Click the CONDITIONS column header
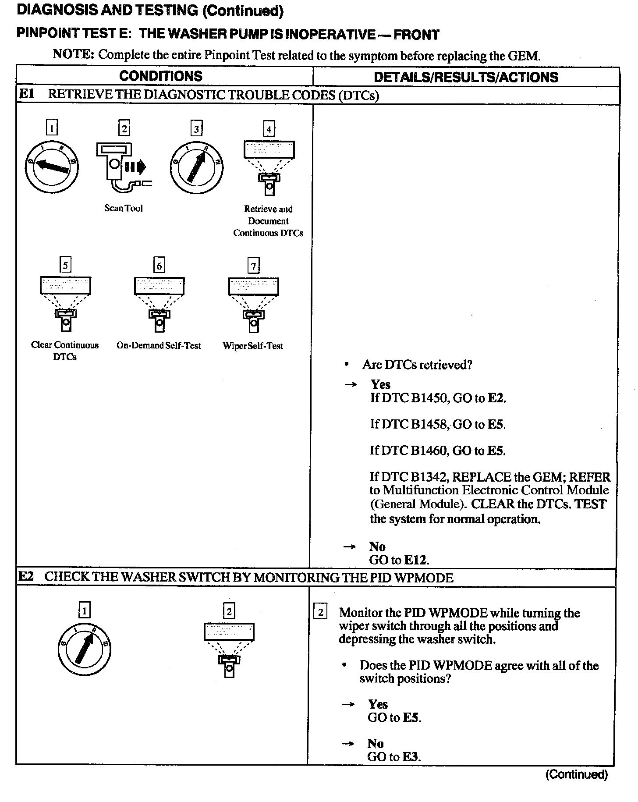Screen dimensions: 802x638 [x=161, y=76]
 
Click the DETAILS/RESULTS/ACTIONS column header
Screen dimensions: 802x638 [x=466, y=77]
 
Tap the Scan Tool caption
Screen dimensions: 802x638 [x=124, y=208]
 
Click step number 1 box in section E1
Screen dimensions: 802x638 [x=52, y=128]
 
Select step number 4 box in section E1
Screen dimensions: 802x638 [x=269, y=129]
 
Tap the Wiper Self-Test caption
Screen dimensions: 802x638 [x=253, y=346]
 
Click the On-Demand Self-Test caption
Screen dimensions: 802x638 [x=159, y=345]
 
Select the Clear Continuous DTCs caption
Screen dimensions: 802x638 [x=65, y=351]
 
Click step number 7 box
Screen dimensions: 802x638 [x=253, y=266]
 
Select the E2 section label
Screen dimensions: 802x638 [x=26, y=577]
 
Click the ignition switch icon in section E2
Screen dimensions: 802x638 [x=84, y=649]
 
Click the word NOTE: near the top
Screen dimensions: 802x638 [x=73, y=54]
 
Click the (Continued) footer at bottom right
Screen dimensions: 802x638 [x=577, y=774]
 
